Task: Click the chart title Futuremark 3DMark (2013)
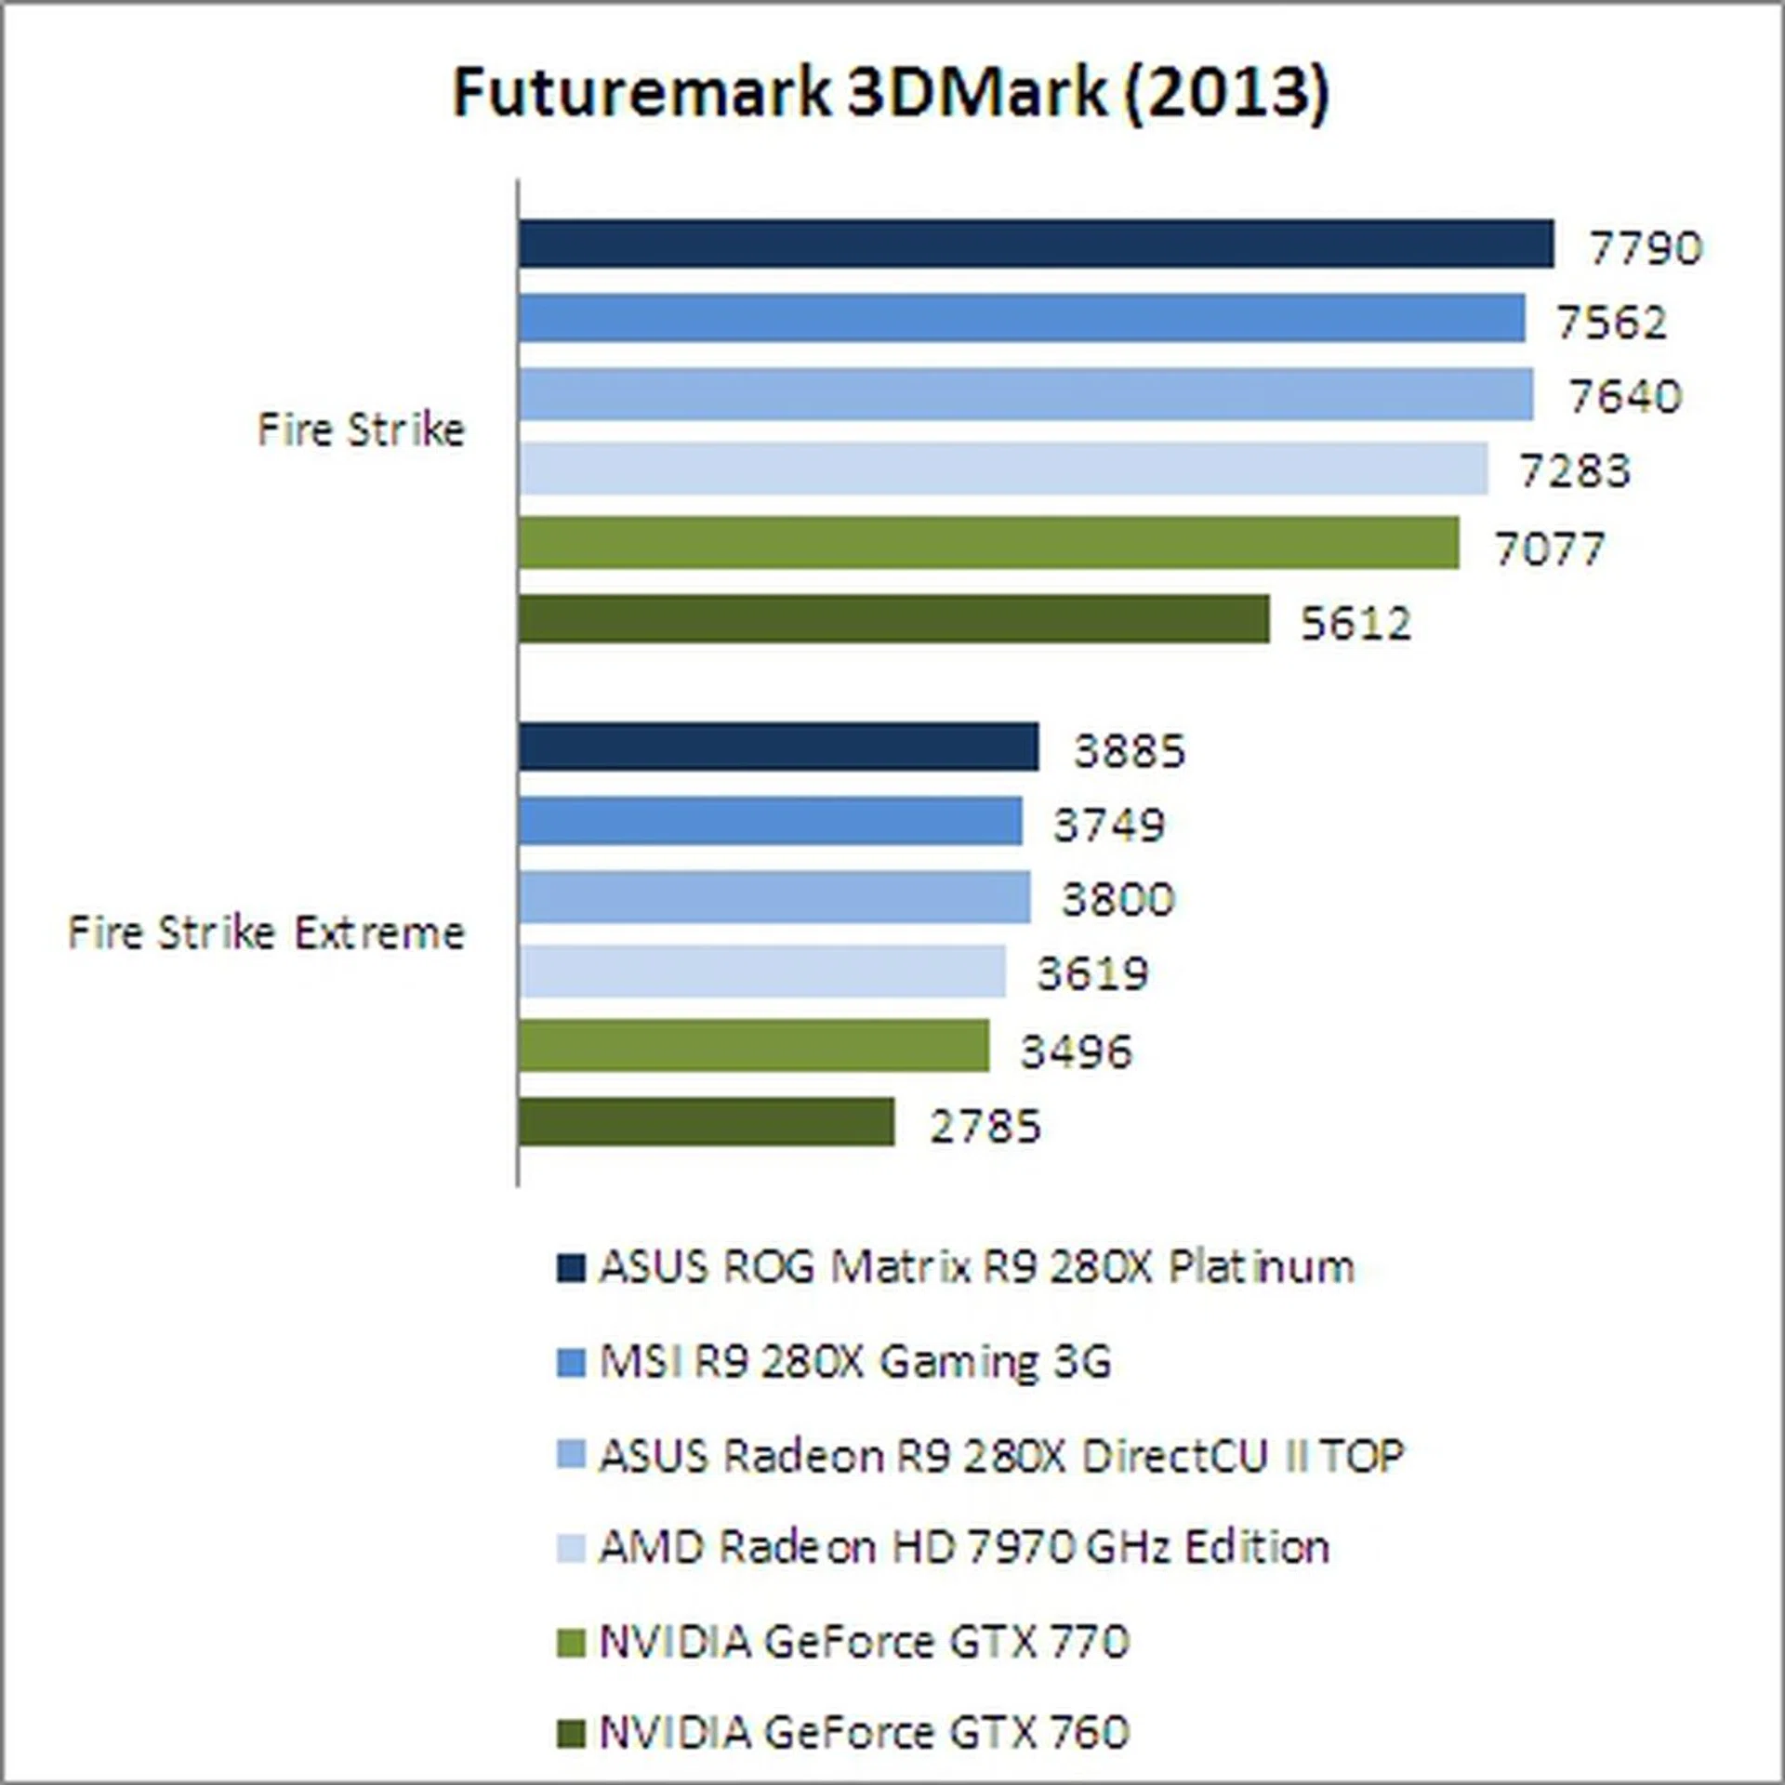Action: (891, 93)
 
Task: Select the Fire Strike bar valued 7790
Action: (1036, 245)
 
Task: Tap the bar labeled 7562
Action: (1022, 319)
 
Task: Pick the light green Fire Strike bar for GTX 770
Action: (988, 543)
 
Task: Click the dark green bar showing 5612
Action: (893, 619)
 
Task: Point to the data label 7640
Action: (1625, 397)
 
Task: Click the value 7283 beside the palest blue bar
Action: (1575, 471)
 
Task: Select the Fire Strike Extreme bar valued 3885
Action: (778, 747)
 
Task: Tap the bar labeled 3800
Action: (774, 897)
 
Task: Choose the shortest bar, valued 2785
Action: (707, 1122)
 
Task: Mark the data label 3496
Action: (1077, 1051)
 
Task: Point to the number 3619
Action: (1092, 974)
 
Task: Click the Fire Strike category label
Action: (361, 430)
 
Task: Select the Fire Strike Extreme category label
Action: (266, 932)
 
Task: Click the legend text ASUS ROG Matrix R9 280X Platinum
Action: (976, 1267)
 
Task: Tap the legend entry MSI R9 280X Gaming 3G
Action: (855, 1362)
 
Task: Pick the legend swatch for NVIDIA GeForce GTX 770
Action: (571, 1643)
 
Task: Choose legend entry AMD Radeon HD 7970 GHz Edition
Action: (964, 1548)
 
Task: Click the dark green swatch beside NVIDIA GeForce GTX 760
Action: (571, 1734)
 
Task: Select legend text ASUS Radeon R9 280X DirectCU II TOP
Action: (1001, 1456)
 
